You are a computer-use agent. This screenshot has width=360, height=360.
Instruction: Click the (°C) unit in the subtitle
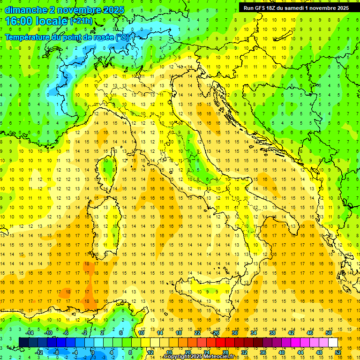(x=123, y=37)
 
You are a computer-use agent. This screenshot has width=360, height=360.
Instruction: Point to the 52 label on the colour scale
(x=338, y=352)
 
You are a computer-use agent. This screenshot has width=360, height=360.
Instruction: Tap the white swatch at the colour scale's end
(x=333, y=342)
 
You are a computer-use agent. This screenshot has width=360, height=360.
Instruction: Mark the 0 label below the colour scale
(x=92, y=352)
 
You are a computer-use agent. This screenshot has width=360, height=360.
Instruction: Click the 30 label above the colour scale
(x=234, y=333)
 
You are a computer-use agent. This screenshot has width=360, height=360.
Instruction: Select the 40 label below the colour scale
(x=281, y=352)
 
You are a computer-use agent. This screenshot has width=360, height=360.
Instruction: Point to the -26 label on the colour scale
(x=215, y=333)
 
